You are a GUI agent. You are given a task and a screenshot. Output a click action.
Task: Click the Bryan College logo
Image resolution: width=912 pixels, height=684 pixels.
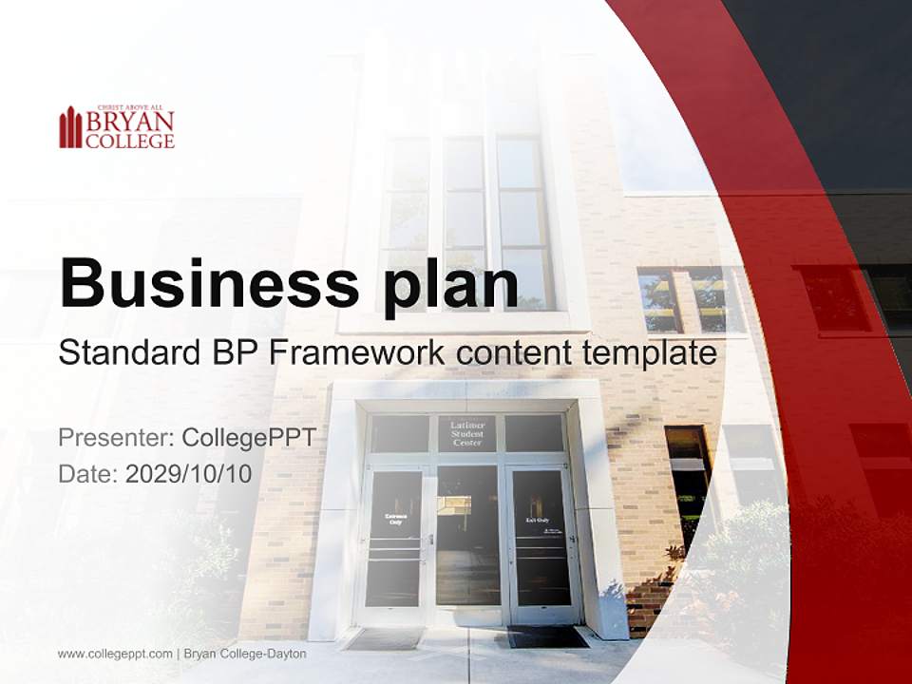117,127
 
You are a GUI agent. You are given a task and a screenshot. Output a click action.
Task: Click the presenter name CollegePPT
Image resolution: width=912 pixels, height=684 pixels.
249,438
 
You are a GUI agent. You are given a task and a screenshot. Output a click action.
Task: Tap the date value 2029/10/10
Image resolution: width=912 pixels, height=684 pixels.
189,474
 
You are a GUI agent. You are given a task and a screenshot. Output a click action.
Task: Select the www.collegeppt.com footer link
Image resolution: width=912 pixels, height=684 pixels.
115,654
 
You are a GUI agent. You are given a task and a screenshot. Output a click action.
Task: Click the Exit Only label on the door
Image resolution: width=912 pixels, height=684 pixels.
538,521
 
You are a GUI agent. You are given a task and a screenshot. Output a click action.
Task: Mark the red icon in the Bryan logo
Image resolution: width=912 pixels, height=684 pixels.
70,128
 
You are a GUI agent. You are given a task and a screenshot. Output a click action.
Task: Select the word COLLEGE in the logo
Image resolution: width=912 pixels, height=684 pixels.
130,142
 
